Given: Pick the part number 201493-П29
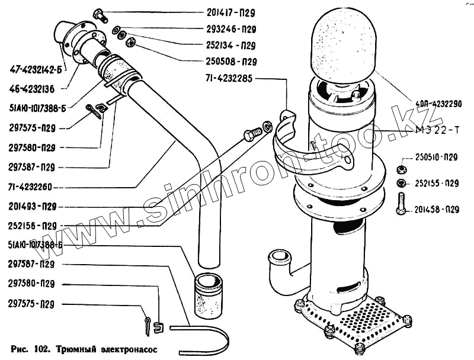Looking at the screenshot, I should point(33,207).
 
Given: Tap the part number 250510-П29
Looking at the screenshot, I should point(435,157).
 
